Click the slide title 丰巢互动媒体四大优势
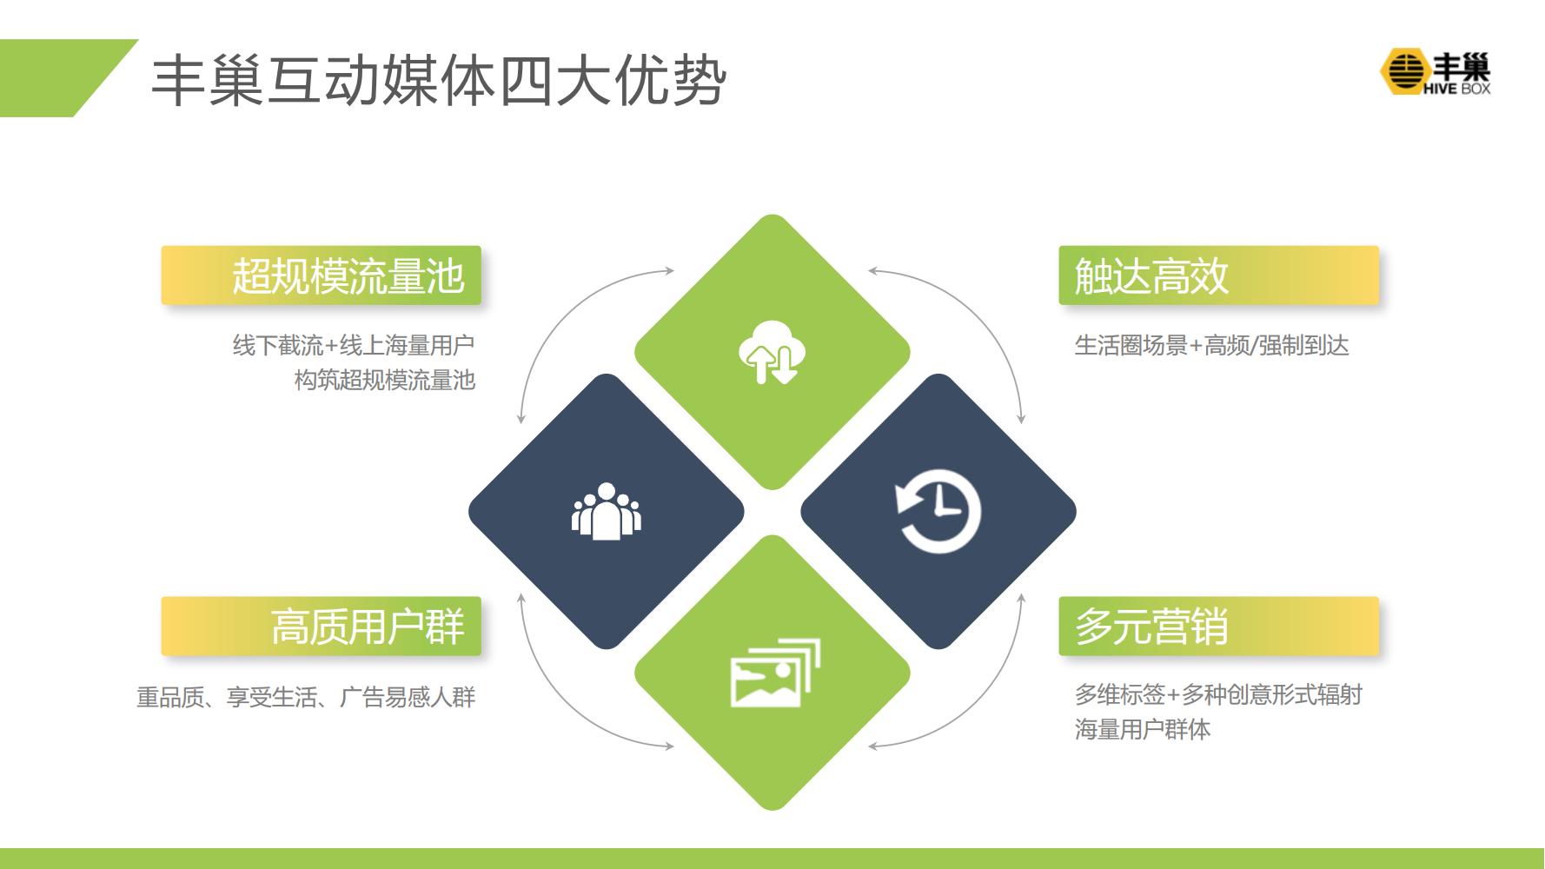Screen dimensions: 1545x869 439,83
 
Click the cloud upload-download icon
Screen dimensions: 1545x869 772,352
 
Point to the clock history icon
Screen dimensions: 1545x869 938,512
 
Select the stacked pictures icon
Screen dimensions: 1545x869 774,673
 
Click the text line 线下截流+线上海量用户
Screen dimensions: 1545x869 354,345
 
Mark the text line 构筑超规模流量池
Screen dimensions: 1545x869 385,380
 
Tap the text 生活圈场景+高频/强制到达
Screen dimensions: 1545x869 1211,345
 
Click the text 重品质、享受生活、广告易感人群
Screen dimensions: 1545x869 306,697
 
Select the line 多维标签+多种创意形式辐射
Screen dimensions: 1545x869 1218,694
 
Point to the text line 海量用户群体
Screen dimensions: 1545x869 1142,729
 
